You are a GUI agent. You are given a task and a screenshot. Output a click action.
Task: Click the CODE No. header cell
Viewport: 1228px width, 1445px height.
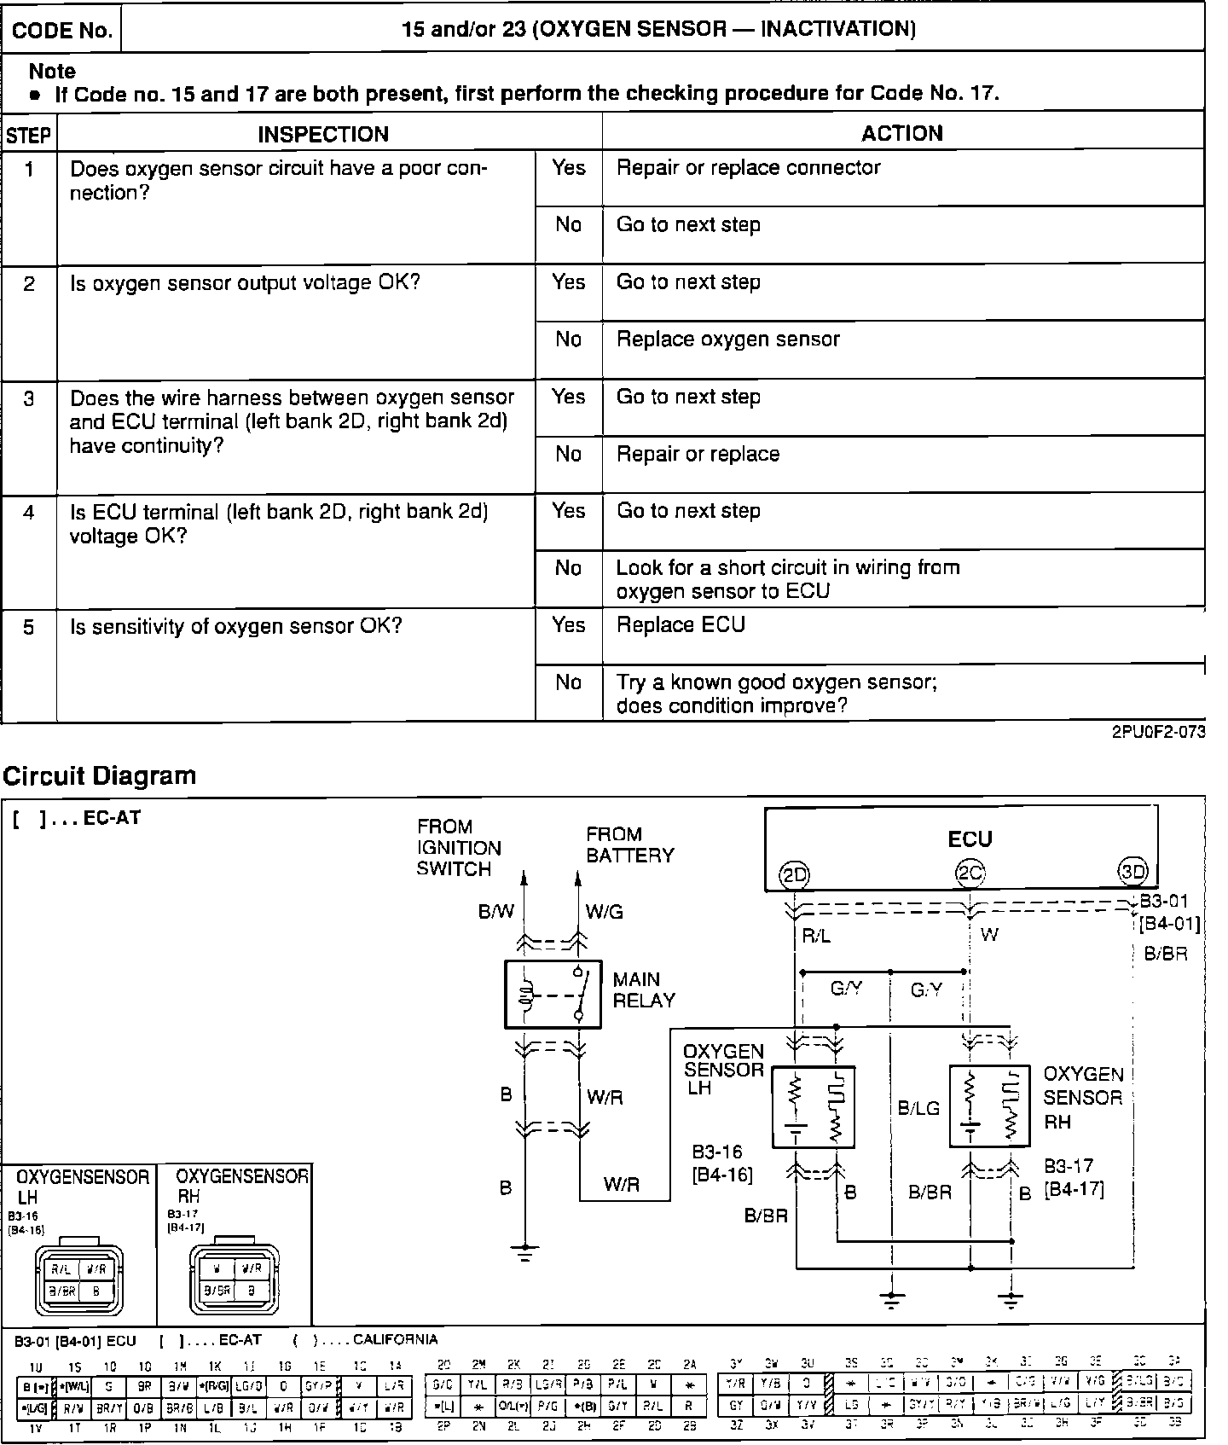(x=62, y=31)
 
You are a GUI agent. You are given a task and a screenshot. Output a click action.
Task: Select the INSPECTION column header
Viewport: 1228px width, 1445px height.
(x=323, y=134)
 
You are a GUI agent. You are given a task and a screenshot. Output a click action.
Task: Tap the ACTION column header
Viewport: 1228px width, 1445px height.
(x=902, y=133)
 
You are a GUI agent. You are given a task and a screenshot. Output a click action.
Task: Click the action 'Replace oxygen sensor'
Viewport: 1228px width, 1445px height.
(x=727, y=339)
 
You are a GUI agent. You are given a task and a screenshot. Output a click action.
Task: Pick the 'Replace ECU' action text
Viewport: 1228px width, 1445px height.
(x=681, y=625)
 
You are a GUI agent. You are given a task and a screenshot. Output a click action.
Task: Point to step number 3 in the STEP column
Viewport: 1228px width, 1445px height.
(x=29, y=399)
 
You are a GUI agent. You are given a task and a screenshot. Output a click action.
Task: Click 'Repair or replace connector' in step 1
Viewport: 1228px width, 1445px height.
(x=748, y=167)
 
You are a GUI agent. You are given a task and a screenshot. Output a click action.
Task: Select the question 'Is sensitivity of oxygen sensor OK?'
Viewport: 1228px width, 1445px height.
(x=235, y=627)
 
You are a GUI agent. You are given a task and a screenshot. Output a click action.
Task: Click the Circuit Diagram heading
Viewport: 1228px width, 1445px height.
(x=100, y=775)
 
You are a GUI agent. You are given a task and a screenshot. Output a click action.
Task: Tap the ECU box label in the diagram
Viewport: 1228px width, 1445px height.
(x=970, y=839)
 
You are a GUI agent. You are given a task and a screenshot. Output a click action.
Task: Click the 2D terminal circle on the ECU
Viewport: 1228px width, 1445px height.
(x=795, y=873)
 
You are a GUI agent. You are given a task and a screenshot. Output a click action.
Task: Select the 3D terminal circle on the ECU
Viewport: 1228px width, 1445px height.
(x=1133, y=872)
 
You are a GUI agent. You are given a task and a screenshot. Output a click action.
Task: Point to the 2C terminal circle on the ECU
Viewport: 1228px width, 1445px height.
(x=970, y=873)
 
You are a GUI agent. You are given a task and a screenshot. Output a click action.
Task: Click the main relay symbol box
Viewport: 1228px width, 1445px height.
(x=553, y=994)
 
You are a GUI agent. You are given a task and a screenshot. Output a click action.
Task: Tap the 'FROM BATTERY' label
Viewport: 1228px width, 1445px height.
(x=629, y=844)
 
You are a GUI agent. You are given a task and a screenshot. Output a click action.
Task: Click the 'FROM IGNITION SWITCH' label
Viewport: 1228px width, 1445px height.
(x=459, y=848)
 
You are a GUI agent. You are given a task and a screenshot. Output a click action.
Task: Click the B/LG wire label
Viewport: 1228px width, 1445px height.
(x=918, y=1108)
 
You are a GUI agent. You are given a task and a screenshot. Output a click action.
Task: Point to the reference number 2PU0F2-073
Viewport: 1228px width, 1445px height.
(x=1158, y=732)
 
